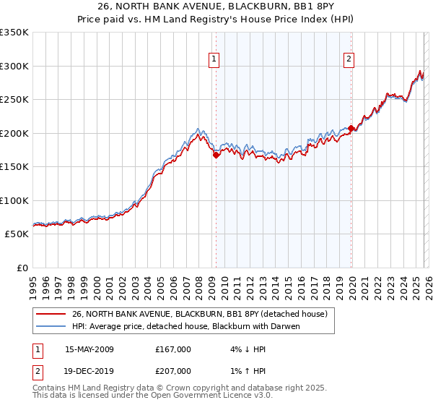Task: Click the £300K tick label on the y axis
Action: pos(14,66)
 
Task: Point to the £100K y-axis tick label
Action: pos(14,200)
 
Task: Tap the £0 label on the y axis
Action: pos(22,268)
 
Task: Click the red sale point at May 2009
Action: pos(216,155)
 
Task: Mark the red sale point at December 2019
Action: pos(351,129)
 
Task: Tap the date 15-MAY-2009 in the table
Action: pos(89,349)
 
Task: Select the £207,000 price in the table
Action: pos(172,371)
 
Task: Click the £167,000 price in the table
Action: pos(172,349)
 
